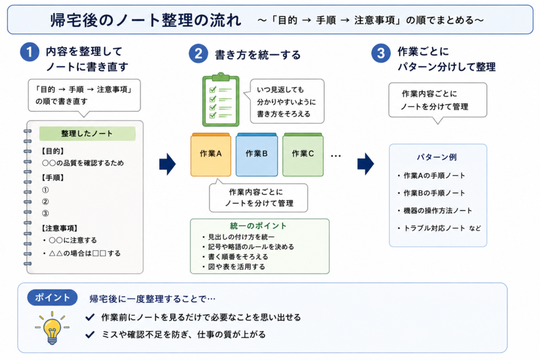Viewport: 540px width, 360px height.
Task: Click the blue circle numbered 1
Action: pyautogui.click(x=30, y=52)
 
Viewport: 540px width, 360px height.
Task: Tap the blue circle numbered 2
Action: pyautogui.click(x=198, y=54)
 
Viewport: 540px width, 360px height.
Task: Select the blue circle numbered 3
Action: pyautogui.click(x=381, y=53)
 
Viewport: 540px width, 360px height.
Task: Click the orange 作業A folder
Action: pyautogui.click(x=211, y=154)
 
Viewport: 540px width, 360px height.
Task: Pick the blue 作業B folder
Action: pyautogui.click(x=257, y=154)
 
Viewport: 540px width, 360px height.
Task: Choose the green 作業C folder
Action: pyautogui.click(x=303, y=154)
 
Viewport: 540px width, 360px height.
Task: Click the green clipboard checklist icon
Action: pyautogui.click(x=221, y=100)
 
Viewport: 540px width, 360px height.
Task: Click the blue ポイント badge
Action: pyautogui.click(x=52, y=297)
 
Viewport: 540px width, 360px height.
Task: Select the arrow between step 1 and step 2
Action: pyautogui.click(x=167, y=164)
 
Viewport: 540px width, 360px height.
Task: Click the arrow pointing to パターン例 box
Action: pyautogui.click(x=365, y=164)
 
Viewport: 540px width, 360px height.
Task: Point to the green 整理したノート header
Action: pyautogui.click(x=87, y=133)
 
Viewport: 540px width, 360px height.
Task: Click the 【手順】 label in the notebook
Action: pyautogui.click(x=53, y=178)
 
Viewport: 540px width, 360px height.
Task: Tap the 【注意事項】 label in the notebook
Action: pyautogui.click(x=60, y=228)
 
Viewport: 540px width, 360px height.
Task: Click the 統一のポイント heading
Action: pyautogui.click(x=258, y=226)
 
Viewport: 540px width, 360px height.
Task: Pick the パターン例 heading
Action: pyautogui.click(x=437, y=157)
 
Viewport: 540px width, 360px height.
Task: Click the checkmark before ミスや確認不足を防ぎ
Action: pyautogui.click(x=90, y=334)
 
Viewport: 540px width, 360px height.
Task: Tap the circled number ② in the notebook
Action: pyautogui.click(x=45, y=202)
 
